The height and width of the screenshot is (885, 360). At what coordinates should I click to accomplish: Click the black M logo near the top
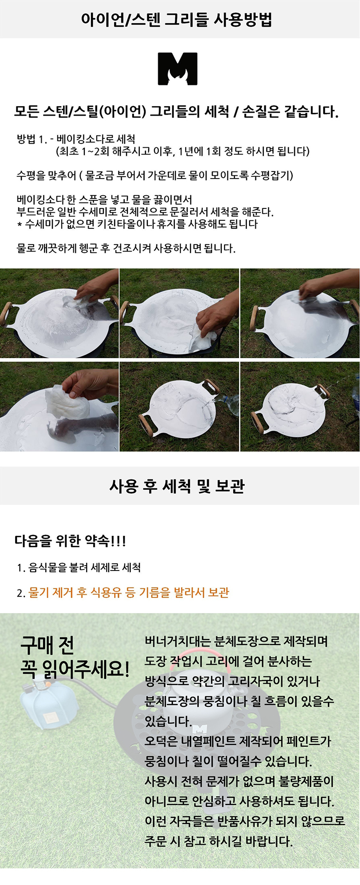pyautogui.click(x=178, y=69)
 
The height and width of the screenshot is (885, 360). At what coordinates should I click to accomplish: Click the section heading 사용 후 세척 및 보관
pyautogui.click(x=177, y=486)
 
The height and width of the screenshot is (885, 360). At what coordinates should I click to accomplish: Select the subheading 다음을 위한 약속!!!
pyautogui.click(x=70, y=541)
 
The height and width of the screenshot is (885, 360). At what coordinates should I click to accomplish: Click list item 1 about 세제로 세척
pyautogui.click(x=79, y=568)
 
